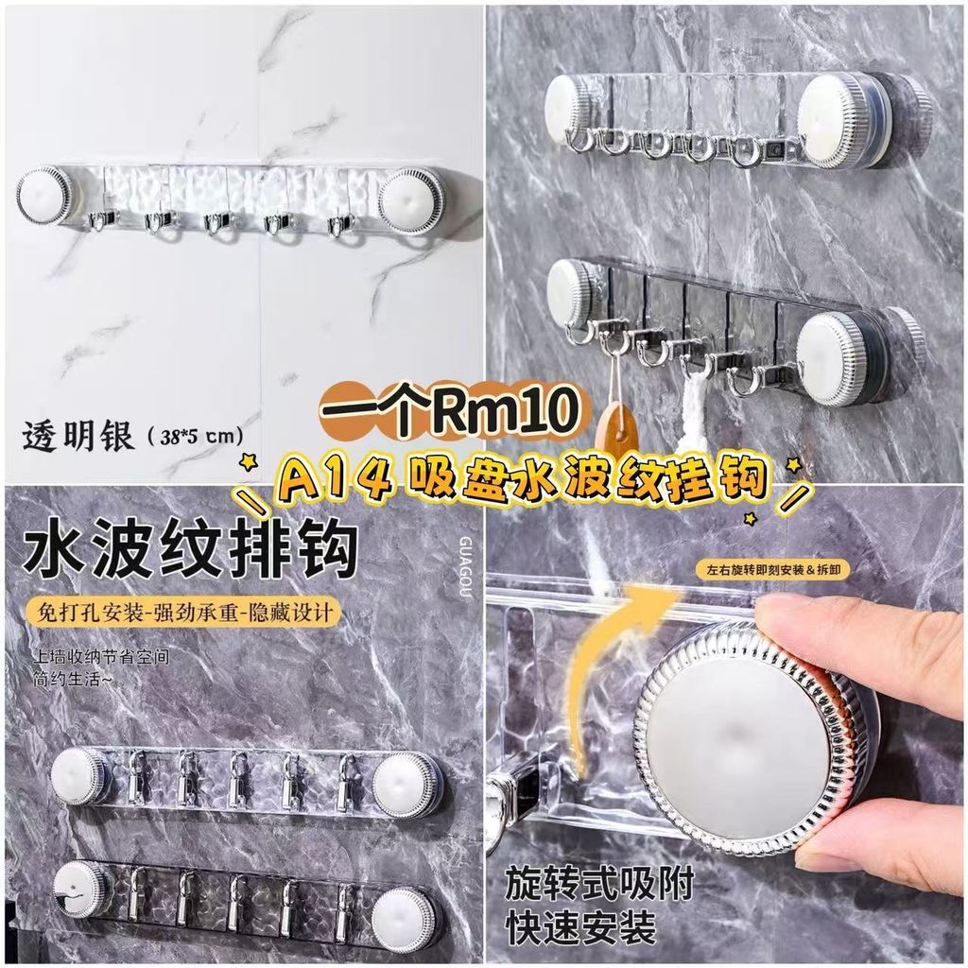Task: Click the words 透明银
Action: pyautogui.click(x=78, y=437)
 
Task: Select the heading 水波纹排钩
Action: pyautogui.click(x=189, y=549)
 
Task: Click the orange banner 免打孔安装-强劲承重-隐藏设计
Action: pyautogui.click(x=184, y=612)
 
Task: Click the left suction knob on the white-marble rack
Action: pyautogui.click(x=45, y=195)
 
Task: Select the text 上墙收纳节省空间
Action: pyautogui.click(x=100, y=656)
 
